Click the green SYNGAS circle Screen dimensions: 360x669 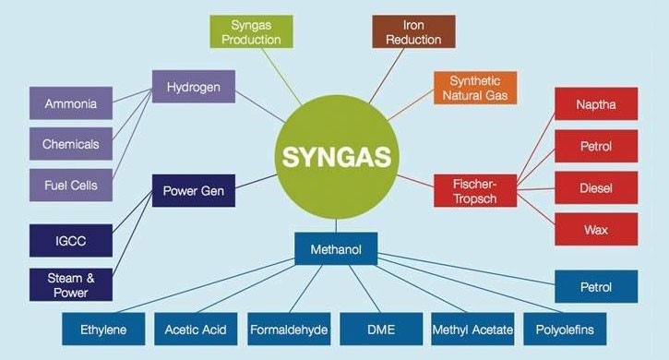[x=336, y=153]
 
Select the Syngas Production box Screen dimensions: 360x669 [x=244, y=32]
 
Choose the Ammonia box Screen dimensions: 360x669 [x=70, y=104]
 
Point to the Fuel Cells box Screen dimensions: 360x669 [x=70, y=184]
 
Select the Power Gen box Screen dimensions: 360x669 [x=193, y=192]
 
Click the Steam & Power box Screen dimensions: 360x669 [x=70, y=282]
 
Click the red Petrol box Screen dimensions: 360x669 [x=595, y=146]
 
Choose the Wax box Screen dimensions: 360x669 [x=595, y=228]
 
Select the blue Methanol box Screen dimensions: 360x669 [x=335, y=248]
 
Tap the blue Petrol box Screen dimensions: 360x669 [x=595, y=287]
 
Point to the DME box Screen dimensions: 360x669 [x=380, y=329]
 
